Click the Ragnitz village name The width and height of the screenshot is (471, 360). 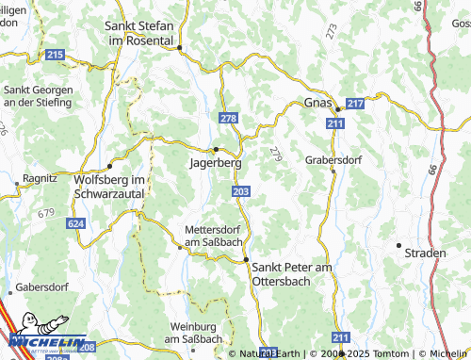(41, 176)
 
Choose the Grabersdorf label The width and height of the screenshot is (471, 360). (333, 159)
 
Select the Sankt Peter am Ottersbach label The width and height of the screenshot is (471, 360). (293, 274)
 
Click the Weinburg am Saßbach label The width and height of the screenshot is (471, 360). (196, 333)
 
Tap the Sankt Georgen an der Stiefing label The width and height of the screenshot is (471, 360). (38, 95)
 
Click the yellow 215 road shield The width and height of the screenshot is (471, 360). (55, 57)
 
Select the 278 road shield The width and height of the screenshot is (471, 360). (227, 117)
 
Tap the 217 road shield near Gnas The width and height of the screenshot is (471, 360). (356, 105)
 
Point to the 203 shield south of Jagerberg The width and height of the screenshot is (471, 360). (240, 191)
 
